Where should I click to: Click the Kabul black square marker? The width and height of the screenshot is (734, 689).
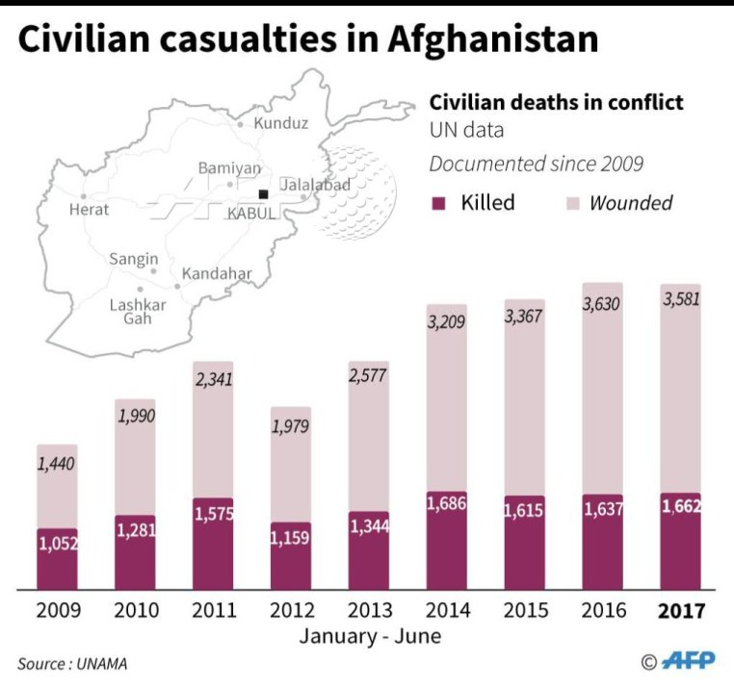tap(263, 194)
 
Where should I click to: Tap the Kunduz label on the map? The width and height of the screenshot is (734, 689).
tap(280, 123)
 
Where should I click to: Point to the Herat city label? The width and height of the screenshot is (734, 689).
tap(90, 209)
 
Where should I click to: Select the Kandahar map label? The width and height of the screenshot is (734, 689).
tap(217, 273)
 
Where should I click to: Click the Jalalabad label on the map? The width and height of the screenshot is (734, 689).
tap(315, 185)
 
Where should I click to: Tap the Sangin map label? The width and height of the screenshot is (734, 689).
tap(134, 259)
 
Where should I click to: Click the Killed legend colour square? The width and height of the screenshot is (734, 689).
tap(439, 203)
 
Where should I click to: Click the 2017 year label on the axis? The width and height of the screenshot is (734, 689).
tap(681, 611)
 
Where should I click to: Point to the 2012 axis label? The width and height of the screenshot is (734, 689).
tap(292, 611)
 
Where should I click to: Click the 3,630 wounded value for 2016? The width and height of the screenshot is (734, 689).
tap(602, 305)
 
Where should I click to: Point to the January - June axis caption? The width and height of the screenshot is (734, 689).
tap(370, 636)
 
